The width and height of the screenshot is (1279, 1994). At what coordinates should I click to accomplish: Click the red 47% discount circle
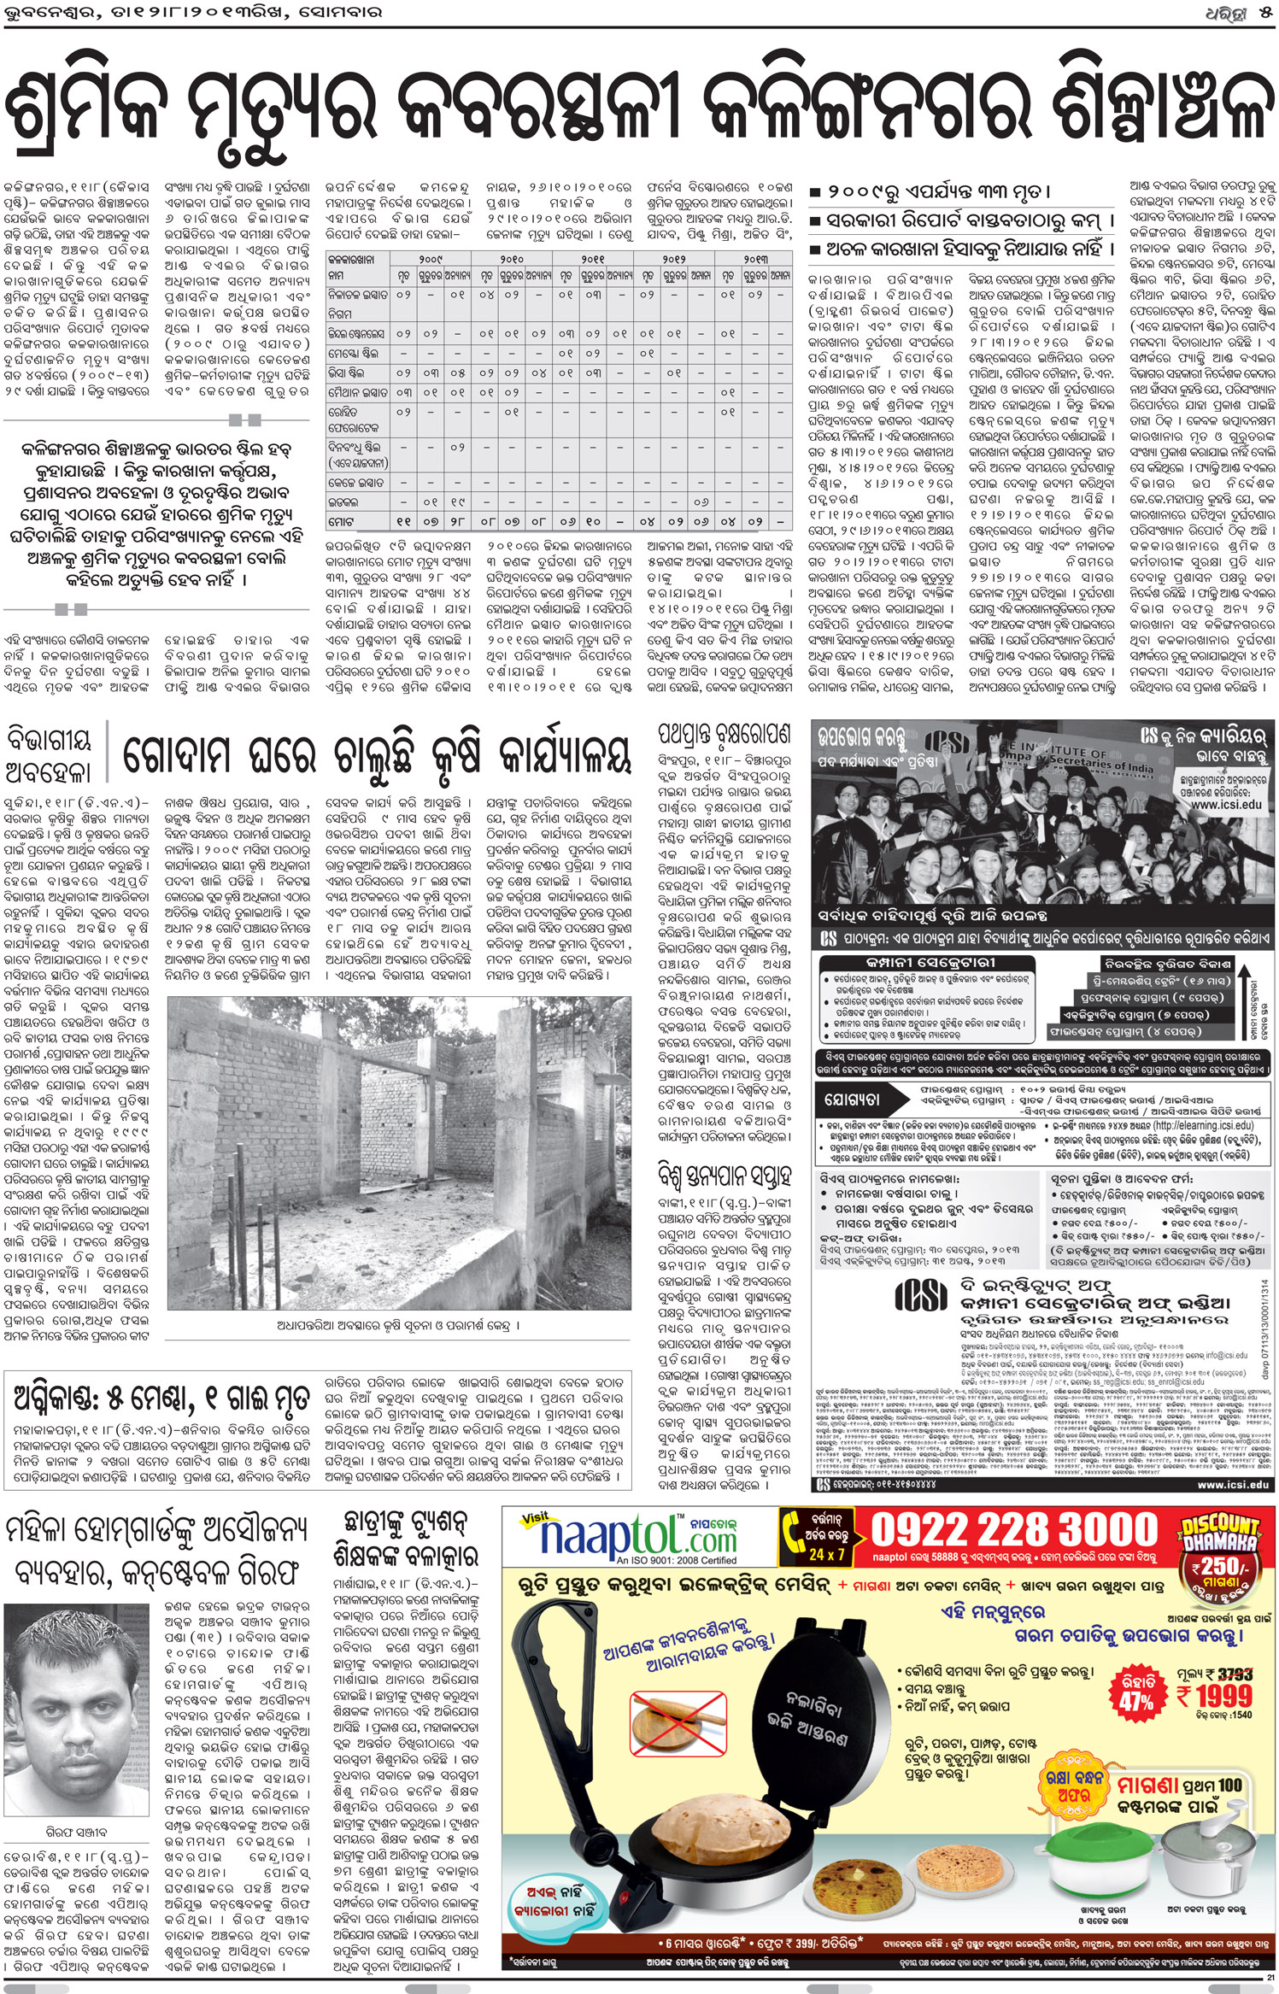[x=1136, y=1693]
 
